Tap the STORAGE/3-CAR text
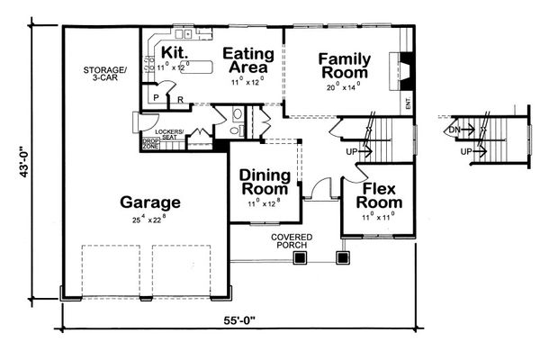[x=105, y=75]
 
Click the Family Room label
[x=344, y=66]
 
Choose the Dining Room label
[x=264, y=183]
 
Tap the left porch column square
[x=300, y=257]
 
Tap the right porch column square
[x=342, y=257]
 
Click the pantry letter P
[x=155, y=97]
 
